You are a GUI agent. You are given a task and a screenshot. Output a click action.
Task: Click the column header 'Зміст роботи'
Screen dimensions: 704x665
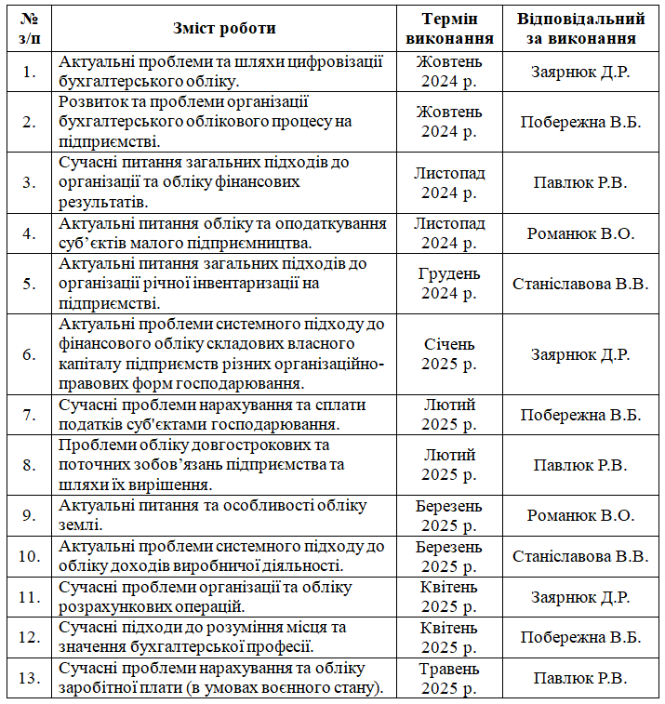coord(224,28)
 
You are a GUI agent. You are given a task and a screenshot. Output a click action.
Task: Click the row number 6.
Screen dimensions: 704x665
coord(29,354)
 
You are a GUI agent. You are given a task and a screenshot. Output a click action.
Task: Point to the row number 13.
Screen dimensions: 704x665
coord(29,678)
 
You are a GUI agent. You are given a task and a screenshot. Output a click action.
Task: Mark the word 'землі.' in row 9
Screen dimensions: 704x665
coord(79,525)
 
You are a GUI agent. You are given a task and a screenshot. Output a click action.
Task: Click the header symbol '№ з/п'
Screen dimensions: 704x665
coord(29,28)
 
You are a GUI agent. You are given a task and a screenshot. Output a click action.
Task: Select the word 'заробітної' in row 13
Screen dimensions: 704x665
coord(98,688)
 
